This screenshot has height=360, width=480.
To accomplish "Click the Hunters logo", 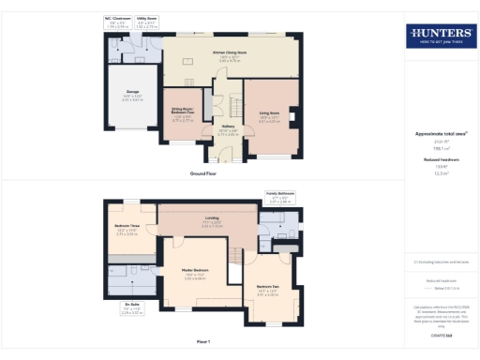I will tap(439, 37).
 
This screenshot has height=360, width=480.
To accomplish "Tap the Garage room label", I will tap(124, 96).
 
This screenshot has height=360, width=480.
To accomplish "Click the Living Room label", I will tap(270, 117).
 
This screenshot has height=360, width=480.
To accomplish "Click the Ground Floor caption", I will tap(203, 175).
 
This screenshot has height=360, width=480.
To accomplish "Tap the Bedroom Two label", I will tap(269, 292).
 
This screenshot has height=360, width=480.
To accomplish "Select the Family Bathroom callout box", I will tap(280, 197).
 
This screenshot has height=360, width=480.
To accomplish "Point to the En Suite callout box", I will tap(136, 309).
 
